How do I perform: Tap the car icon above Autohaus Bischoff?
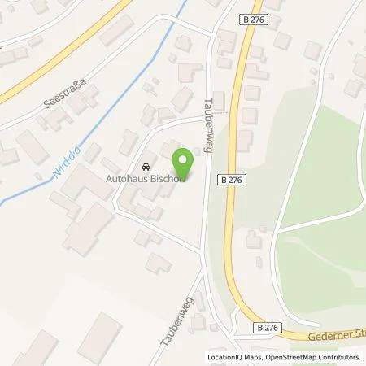(x=146, y=161)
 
